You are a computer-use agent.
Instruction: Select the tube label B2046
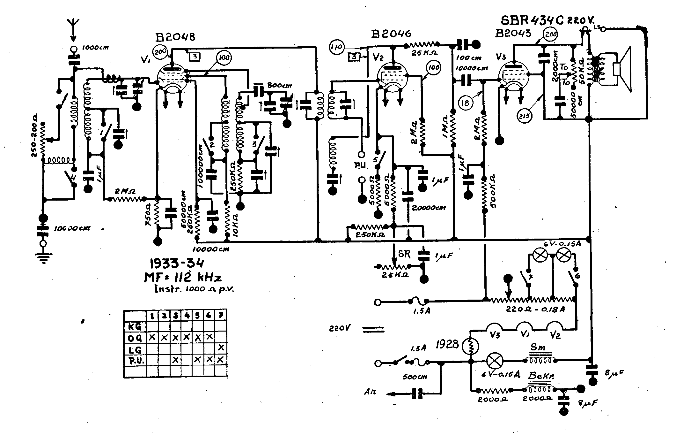392,34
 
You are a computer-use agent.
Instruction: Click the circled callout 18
466,103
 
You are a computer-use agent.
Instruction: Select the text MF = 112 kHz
183,277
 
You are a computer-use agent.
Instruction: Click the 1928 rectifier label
448,344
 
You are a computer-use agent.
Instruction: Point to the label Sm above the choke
538,347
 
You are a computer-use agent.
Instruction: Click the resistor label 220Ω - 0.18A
535,310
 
